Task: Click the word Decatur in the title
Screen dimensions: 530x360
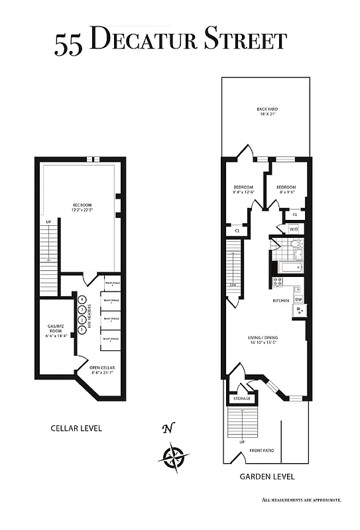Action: click(142, 41)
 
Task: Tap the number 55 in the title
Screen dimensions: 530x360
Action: click(70, 43)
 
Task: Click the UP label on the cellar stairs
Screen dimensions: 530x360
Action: click(48, 221)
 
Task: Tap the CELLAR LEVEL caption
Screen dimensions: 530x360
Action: click(76, 428)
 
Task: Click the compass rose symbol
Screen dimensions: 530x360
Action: click(174, 456)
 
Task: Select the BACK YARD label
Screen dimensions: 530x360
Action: click(267, 112)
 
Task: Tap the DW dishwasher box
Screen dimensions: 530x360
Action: click(298, 299)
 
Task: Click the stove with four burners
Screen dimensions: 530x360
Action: click(278, 282)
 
